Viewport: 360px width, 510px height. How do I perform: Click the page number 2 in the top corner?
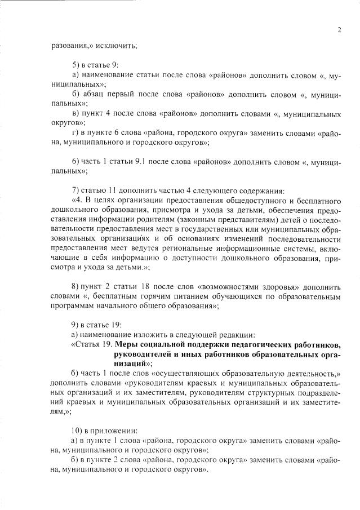click(339, 30)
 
